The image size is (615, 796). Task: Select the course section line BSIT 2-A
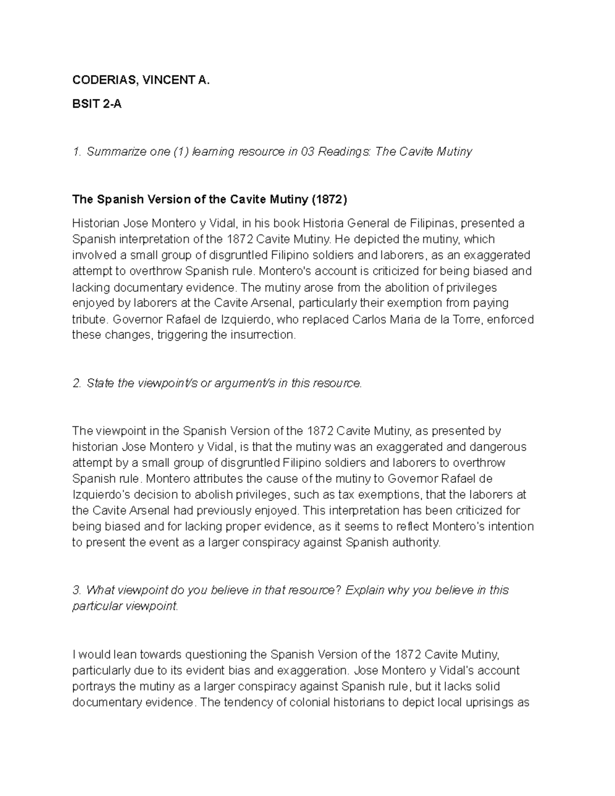[97, 104]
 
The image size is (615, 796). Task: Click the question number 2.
[76, 383]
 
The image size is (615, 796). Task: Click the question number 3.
[76, 590]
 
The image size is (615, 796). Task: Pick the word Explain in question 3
[364, 590]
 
